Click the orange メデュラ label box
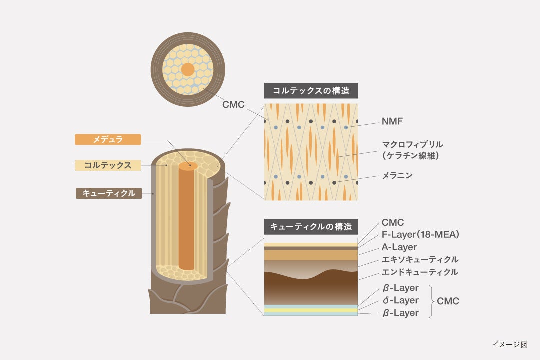point(108,140)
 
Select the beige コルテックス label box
point(108,165)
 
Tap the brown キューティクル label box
point(108,193)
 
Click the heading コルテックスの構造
point(311,90)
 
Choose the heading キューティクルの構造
point(311,227)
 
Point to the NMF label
point(392,121)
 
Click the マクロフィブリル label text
point(412,145)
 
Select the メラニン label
point(397,175)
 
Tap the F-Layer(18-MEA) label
point(420,234)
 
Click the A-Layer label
point(399,247)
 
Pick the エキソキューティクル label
point(420,259)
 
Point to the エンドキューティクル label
point(420,272)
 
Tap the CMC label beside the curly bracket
point(448,301)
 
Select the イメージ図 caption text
point(509,344)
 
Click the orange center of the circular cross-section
point(188,70)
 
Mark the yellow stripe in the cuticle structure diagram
point(311,310)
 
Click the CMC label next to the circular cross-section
point(233,105)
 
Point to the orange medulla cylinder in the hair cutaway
point(186,220)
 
